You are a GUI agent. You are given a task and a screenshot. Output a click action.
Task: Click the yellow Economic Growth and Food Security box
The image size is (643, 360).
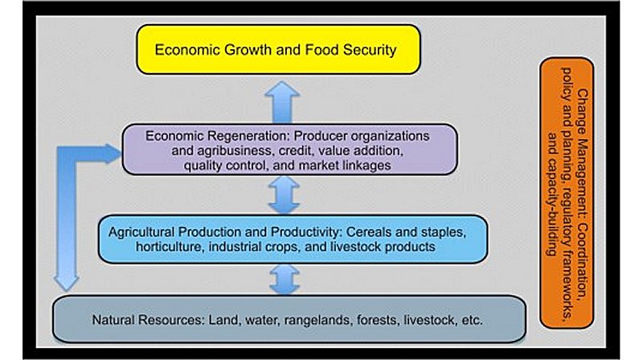tap(278, 50)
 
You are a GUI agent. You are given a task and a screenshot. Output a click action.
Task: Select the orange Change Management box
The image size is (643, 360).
tap(567, 193)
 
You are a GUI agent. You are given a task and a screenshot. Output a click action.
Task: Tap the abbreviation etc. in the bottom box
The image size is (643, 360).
tap(472, 320)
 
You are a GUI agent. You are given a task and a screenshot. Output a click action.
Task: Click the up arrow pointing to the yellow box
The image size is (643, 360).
tap(282, 102)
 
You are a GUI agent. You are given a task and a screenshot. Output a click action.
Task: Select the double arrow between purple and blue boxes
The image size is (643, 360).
tap(284, 195)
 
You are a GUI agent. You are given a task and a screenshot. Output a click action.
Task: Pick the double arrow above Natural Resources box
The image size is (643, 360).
tap(285, 280)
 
